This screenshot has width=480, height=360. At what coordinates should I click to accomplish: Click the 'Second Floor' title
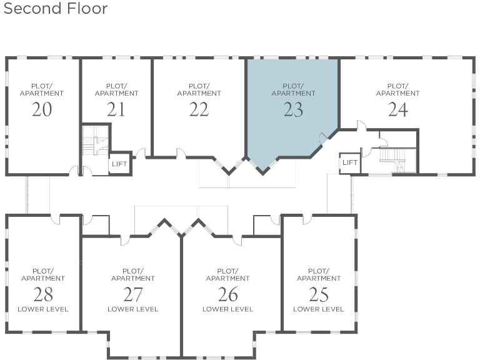56,9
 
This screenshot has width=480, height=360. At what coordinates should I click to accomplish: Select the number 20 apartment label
42,109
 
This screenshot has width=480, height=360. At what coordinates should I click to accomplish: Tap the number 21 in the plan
116,109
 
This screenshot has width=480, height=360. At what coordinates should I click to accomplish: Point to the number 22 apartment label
199,109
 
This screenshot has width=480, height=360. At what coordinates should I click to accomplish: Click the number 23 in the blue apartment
293,109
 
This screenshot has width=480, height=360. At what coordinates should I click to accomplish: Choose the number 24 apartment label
397,109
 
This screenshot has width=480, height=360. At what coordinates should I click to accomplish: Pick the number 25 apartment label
318,294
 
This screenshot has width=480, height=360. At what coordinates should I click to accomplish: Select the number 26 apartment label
227,294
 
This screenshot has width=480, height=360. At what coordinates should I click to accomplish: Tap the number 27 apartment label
132,294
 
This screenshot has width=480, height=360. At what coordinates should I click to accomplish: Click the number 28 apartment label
42,294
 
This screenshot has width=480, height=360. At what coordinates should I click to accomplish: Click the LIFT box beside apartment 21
119,164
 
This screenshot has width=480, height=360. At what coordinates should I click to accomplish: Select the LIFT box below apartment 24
350,163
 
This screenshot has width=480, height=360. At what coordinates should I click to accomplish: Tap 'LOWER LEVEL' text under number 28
42,309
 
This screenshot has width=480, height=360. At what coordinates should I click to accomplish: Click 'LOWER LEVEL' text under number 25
318,309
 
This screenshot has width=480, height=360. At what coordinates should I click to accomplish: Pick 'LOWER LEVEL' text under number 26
227,309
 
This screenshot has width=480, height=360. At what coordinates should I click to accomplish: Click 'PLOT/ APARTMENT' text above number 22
199,89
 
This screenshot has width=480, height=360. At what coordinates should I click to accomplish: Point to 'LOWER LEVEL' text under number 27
132,309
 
